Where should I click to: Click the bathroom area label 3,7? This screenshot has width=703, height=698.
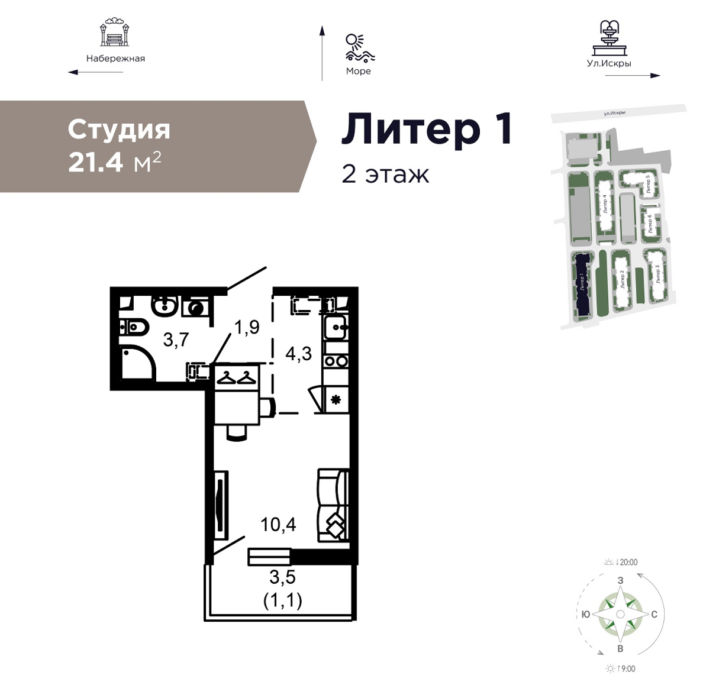coord(176,340)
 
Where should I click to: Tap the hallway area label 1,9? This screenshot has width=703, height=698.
coord(247,327)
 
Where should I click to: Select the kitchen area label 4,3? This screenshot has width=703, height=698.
coord(299,354)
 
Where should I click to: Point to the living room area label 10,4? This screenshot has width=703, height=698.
coord(278,524)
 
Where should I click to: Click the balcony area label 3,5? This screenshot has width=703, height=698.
coord(282,577)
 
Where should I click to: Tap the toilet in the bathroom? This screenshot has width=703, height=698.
coord(134,328)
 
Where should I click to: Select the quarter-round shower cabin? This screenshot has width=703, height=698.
coord(136,363)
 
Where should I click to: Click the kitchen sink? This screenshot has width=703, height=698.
coord(334,327)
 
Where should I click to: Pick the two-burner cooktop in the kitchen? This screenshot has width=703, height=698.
coord(336,361)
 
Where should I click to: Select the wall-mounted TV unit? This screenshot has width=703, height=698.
coord(221,506)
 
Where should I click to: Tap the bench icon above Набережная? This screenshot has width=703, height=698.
coord(115,33)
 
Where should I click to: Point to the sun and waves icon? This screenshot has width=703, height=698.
coord(359,48)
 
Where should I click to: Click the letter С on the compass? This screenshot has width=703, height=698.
coord(654,614)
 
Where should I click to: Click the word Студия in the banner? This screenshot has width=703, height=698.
coord(119,130)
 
